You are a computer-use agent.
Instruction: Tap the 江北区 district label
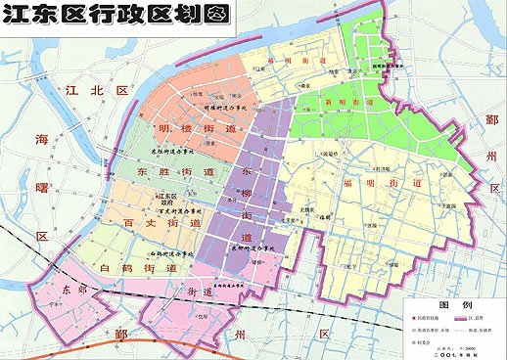click(x=96, y=90)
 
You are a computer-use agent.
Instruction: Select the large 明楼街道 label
click(x=196, y=127)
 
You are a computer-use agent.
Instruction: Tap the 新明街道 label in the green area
click(x=358, y=101)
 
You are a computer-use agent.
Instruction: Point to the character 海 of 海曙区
click(x=43, y=140)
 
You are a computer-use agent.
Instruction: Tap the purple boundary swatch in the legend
click(x=461, y=319)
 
